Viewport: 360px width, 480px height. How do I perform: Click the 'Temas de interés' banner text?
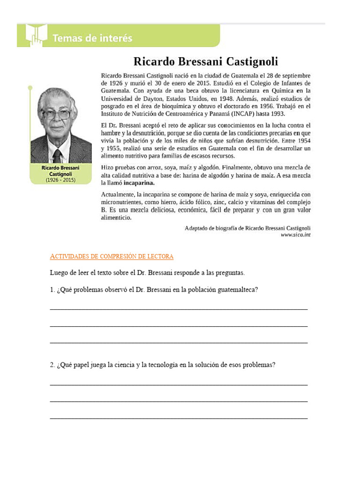(92, 38)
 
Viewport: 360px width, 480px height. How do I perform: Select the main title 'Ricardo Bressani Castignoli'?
(206, 61)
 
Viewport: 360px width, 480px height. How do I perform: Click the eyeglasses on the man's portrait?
(56, 114)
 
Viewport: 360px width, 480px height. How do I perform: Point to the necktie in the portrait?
(57, 155)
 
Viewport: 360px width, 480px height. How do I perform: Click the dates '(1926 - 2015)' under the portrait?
(60, 180)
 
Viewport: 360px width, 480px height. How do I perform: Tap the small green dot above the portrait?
(30, 88)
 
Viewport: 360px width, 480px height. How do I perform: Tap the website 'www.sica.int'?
(295, 235)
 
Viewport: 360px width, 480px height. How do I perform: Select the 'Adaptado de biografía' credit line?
(247, 228)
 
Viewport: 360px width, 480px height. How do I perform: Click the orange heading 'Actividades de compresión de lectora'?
(112, 256)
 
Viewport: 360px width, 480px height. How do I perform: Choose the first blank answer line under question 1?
(179, 309)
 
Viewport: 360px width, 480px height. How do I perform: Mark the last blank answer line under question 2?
(179, 418)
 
